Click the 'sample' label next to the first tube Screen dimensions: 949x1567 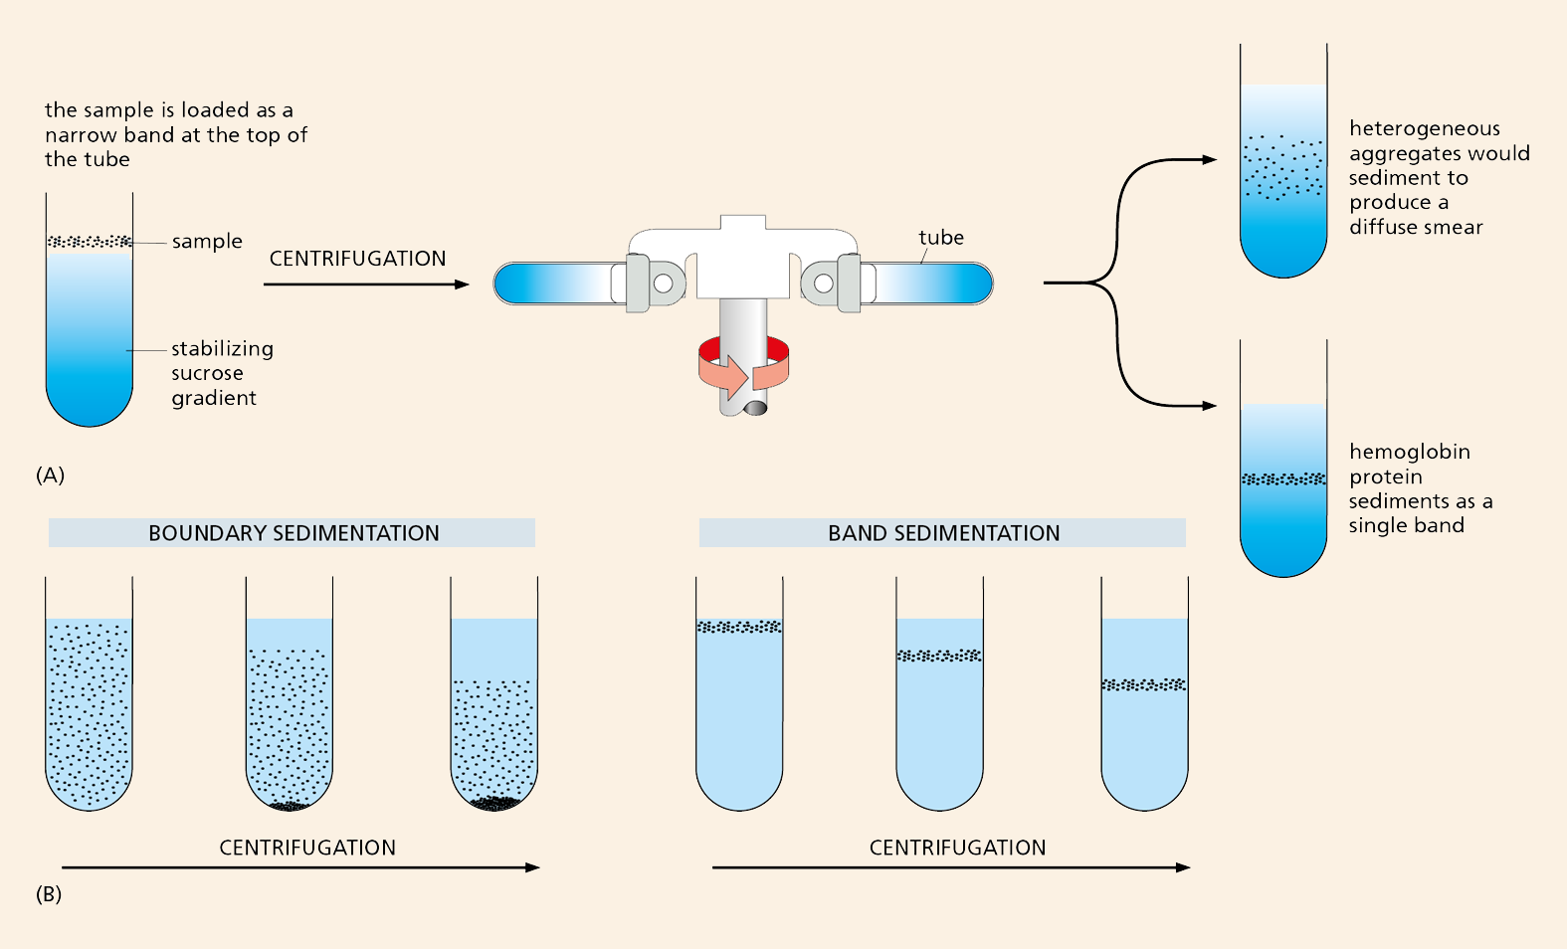(x=207, y=242)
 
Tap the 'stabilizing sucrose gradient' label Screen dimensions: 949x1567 (x=221, y=373)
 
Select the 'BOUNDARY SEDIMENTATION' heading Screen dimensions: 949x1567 (x=293, y=533)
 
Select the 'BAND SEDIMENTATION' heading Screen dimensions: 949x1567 (x=943, y=533)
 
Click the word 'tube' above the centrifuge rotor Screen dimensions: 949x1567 (x=941, y=238)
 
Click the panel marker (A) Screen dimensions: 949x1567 (x=50, y=474)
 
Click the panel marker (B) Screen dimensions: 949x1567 (x=49, y=894)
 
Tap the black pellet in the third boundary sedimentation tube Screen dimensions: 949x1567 (x=494, y=803)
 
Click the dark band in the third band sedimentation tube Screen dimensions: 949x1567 (x=1144, y=684)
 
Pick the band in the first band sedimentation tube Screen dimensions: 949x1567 (x=739, y=627)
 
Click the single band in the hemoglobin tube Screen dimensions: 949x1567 (x=1283, y=479)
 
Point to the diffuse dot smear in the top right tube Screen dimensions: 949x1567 (x=1283, y=167)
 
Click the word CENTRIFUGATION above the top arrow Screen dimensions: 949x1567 (x=357, y=259)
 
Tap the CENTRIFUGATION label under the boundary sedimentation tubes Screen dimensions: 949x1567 (x=307, y=848)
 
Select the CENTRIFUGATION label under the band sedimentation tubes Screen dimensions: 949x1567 (x=957, y=848)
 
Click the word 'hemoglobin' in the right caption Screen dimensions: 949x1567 (x=1409, y=452)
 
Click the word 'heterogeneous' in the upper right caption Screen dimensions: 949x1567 (x=1424, y=128)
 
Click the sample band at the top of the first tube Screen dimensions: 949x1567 (x=90, y=242)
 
